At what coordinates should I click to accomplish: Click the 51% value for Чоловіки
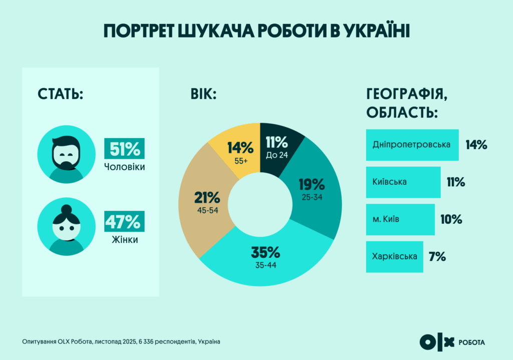pyautogui.click(x=124, y=149)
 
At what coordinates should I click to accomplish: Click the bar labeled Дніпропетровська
pyautogui.click(x=412, y=145)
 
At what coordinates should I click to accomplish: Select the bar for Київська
pyautogui.click(x=403, y=182)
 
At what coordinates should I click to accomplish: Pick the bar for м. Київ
pyautogui.click(x=400, y=219)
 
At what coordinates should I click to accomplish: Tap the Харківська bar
pyautogui.click(x=394, y=257)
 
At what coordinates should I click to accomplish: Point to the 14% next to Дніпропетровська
pyautogui.click(x=476, y=145)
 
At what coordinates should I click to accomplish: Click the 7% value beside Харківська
pyautogui.click(x=437, y=257)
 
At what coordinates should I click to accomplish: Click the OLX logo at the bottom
pyautogui.click(x=436, y=342)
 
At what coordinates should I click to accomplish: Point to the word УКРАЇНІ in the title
pyautogui.click(x=376, y=31)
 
